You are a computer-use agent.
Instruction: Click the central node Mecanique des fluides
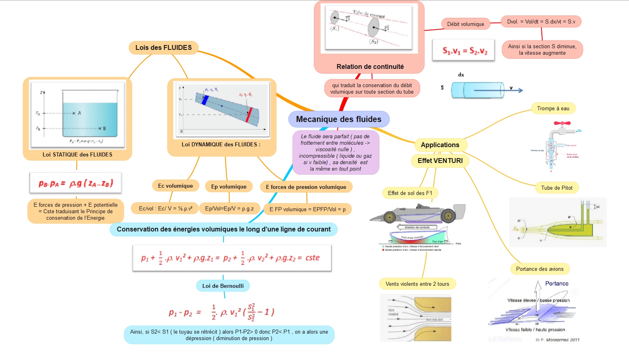click(339, 119)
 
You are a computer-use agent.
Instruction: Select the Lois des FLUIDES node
click(163, 47)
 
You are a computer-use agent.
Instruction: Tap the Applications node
click(440, 145)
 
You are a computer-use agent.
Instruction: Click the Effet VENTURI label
click(440, 161)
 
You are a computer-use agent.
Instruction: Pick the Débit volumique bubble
click(466, 24)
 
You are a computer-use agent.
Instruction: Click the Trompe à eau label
click(553, 108)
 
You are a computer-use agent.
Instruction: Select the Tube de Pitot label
click(557, 188)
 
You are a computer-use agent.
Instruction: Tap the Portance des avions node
click(540, 269)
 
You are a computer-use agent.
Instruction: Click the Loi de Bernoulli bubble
click(223, 286)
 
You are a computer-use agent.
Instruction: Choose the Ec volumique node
click(176, 186)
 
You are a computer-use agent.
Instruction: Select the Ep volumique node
click(229, 186)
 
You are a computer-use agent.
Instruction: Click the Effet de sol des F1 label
click(410, 193)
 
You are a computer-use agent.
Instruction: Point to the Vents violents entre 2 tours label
click(417, 284)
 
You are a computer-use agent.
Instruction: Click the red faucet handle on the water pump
click(562, 123)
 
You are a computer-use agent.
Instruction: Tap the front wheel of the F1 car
click(448, 216)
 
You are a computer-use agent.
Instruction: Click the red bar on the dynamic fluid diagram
click(249, 115)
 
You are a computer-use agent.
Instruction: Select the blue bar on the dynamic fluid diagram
click(205, 100)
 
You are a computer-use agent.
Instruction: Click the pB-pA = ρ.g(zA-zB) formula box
click(76, 183)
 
